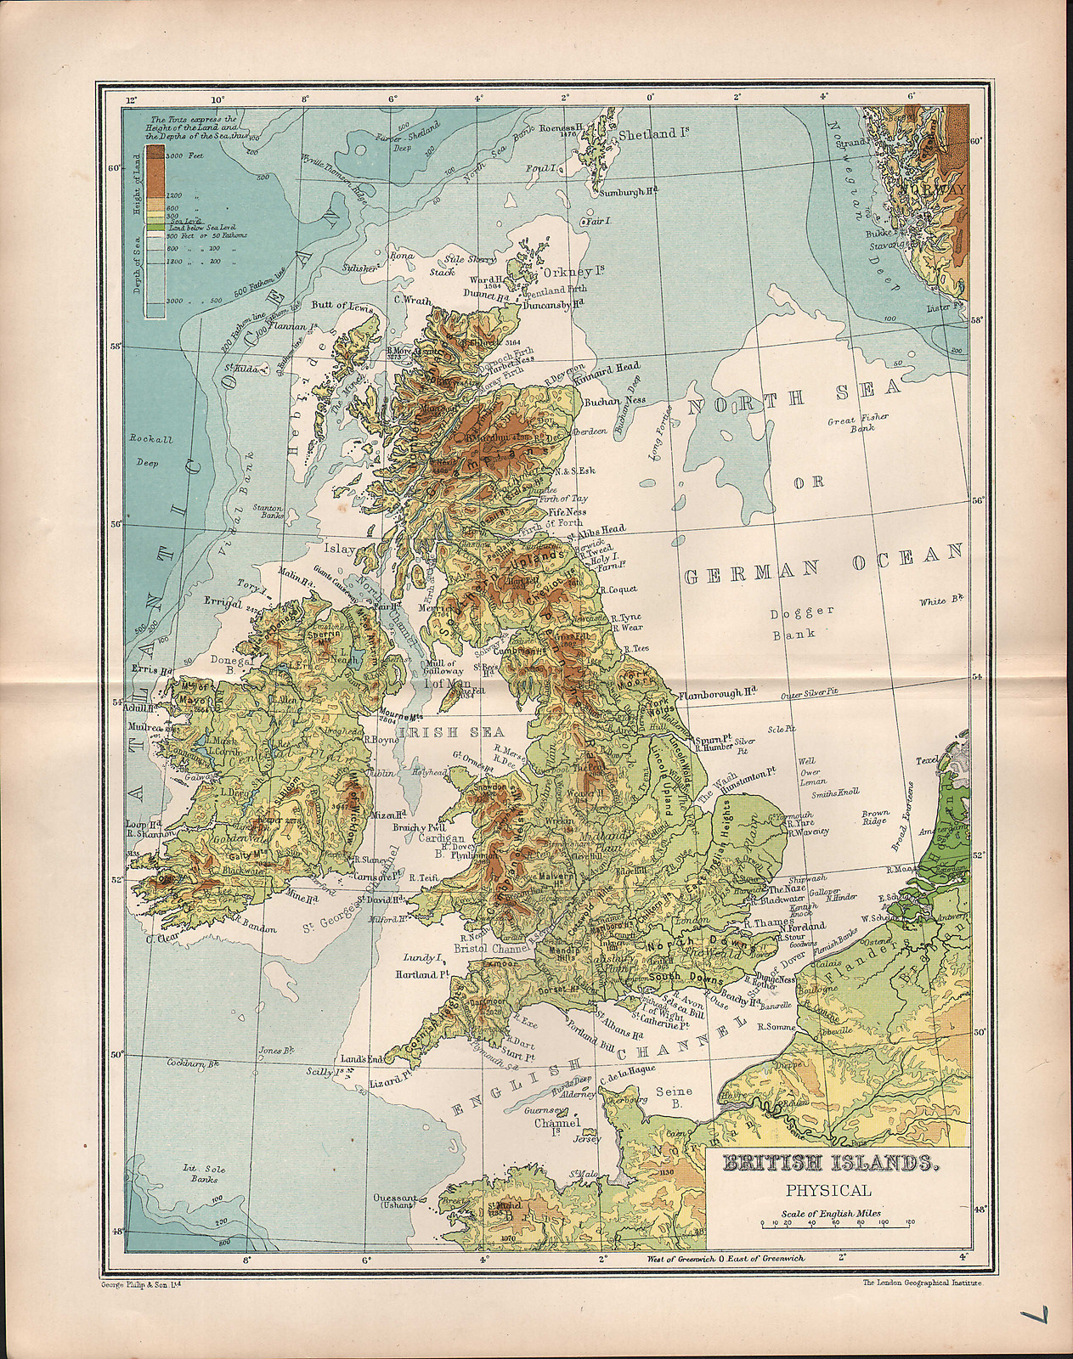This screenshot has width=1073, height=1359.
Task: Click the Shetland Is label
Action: pos(652,134)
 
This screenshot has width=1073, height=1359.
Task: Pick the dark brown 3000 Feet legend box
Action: pos(155,154)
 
